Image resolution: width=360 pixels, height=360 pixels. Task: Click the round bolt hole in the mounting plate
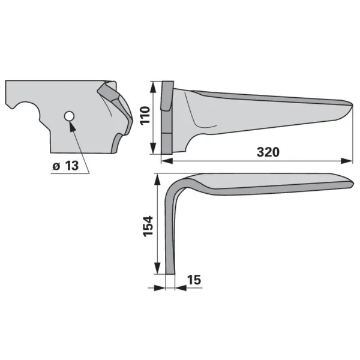(x=69, y=116)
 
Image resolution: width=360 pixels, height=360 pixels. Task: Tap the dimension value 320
(x=268, y=152)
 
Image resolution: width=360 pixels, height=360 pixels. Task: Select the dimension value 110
(x=145, y=115)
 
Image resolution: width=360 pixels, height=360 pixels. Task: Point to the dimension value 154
(x=148, y=226)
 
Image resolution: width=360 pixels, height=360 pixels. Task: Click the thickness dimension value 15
(x=194, y=280)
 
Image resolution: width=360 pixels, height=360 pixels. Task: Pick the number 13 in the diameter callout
(x=72, y=166)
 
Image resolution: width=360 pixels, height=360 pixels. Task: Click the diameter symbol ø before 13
(x=56, y=166)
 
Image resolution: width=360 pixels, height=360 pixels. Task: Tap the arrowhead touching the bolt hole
(x=72, y=126)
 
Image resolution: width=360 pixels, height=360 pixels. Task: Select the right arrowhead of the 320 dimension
(x=346, y=161)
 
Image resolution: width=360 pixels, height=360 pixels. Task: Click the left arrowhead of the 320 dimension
(x=167, y=161)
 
